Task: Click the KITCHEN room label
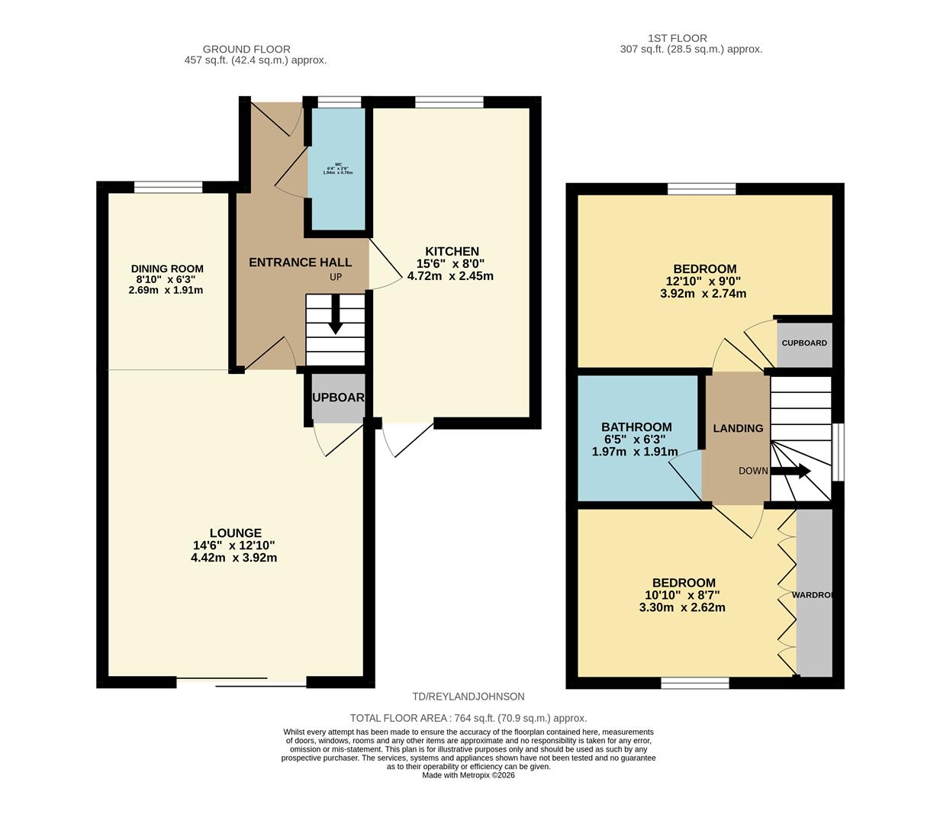point(452,252)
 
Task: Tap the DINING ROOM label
point(167,269)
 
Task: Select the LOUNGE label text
point(235,533)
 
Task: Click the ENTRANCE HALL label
point(300,262)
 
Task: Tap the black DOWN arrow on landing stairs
point(791,472)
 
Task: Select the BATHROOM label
point(636,427)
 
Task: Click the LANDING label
point(738,429)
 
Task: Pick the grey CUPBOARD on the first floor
point(804,344)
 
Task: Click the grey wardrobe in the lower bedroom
point(814,594)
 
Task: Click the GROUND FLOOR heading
point(246,49)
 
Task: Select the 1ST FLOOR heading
point(677,38)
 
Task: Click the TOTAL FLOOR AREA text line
point(468,718)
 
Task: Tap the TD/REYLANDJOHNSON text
point(468,697)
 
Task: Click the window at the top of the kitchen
point(449,102)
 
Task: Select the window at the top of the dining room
point(169,187)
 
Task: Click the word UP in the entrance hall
point(336,277)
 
